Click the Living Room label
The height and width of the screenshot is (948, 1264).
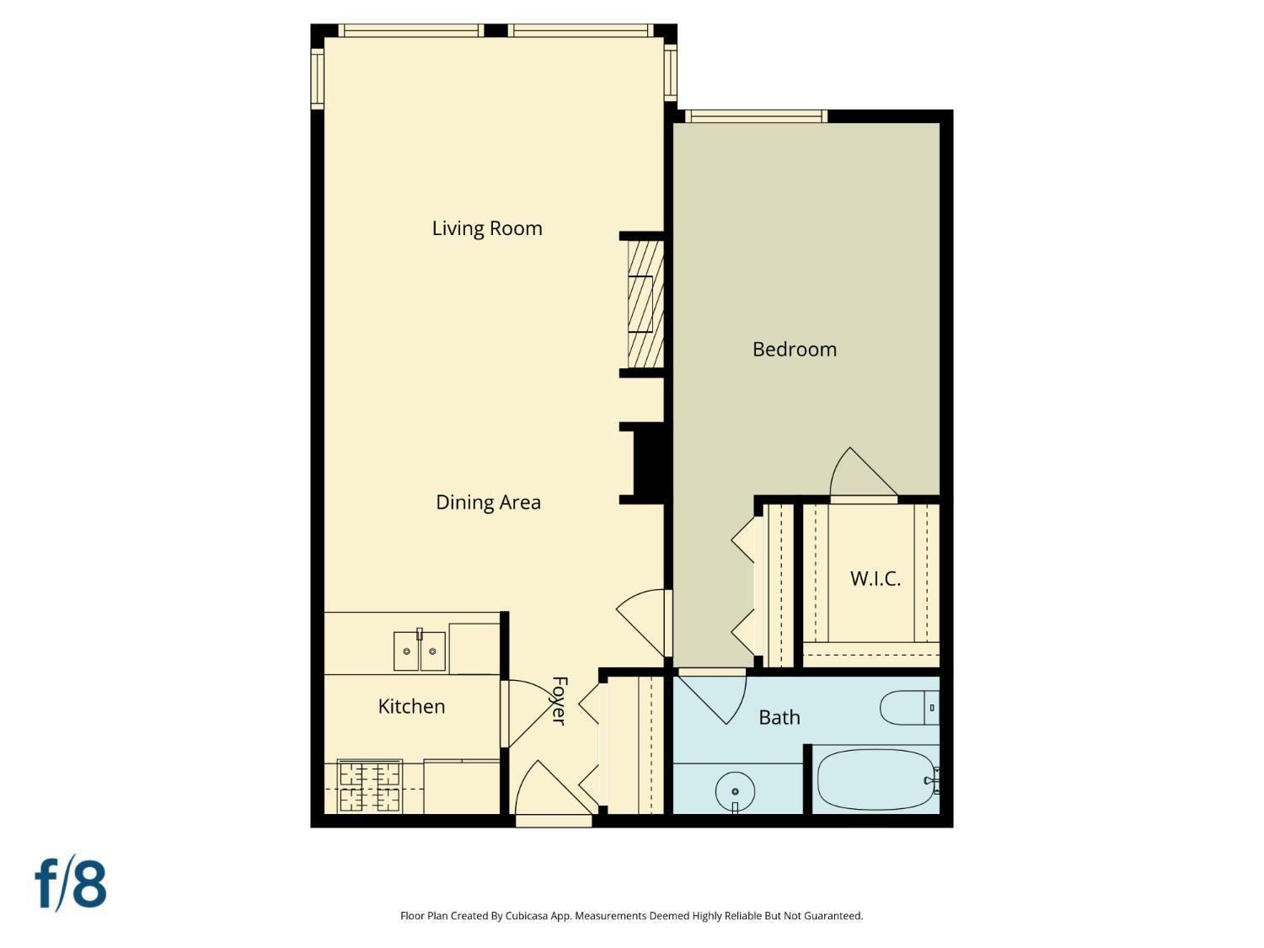(x=487, y=228)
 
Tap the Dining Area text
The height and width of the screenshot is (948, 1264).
(x=488, y=502)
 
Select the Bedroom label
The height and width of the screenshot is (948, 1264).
(x=795, y=350)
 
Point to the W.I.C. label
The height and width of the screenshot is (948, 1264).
(x=876, y=578)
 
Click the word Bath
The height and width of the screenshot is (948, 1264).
(x=779, y=717)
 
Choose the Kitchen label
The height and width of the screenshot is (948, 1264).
(x=412, y=706)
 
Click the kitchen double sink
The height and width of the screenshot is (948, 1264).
(x=420, y=651)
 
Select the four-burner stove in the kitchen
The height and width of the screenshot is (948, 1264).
(x=370, y=786)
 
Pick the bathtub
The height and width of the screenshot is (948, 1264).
(x=876, y=779)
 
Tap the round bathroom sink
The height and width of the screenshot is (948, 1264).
(x=736, y=791)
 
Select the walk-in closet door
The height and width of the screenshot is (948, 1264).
(x=863, y=472)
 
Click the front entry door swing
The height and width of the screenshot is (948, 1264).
(x=554, y=788)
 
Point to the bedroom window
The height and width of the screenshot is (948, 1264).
(x=756, y=116)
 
